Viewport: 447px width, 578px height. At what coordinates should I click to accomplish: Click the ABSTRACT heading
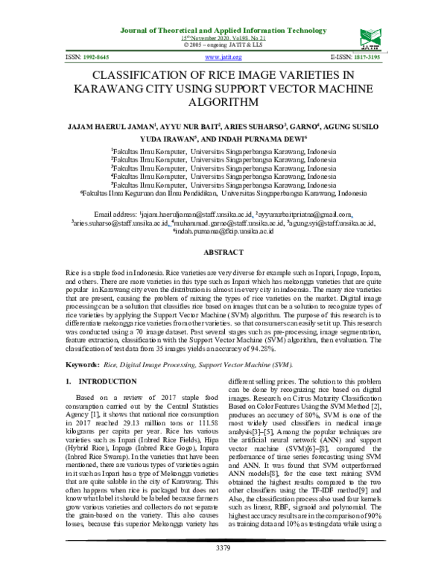pos(224,253)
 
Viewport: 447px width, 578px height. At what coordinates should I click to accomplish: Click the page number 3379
pos(224,568)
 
